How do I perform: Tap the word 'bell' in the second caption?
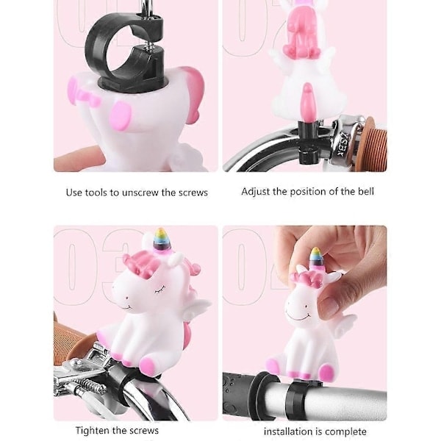coord(366,192)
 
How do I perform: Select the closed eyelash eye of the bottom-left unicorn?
coord(159,289)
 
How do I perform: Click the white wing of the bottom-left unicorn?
coord(197,307)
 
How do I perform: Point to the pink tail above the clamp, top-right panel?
coord(307,101)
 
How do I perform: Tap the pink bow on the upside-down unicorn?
coord(84,95)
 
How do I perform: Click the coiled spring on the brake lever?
coord(90,384)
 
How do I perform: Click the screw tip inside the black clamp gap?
coord(150,44)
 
